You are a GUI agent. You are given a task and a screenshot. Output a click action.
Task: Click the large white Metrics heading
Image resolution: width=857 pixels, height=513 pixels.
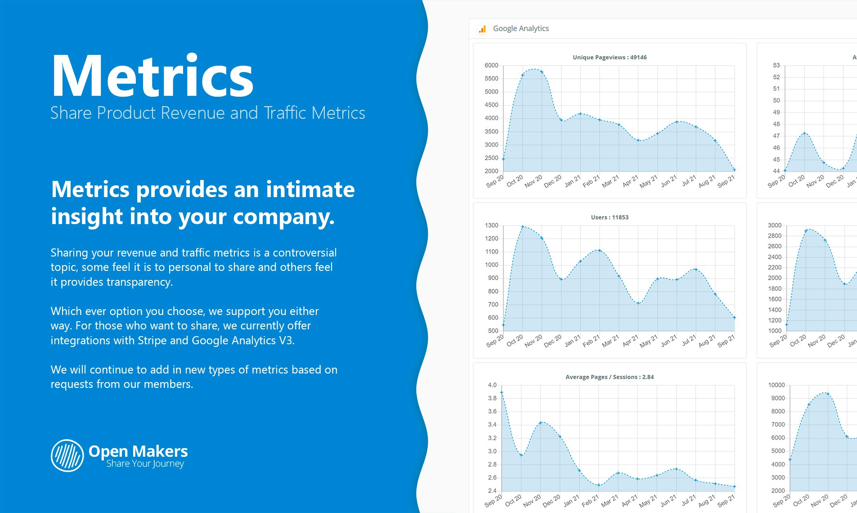[153, 76]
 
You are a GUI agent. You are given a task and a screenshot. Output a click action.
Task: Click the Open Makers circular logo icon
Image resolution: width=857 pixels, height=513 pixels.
[67, 455]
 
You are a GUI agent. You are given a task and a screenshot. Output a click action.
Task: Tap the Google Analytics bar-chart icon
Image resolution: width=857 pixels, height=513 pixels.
[482, 29]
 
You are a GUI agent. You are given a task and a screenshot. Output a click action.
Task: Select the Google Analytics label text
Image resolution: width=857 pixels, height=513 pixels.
[521, 28]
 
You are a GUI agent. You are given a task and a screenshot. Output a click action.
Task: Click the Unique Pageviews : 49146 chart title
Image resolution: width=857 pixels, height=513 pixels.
[610, 58]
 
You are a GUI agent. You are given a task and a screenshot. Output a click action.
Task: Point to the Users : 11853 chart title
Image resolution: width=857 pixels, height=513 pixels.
[610, 217]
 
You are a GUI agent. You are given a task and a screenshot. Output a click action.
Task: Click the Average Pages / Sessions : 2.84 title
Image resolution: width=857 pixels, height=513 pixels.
[610, 377]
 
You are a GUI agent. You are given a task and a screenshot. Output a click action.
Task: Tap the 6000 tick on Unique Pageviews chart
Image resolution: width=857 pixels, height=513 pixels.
[491, 66]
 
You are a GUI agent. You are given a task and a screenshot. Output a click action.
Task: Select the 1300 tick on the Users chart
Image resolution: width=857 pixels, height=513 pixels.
[491, 225]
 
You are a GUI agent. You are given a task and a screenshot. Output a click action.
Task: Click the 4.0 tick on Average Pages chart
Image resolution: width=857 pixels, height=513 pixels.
[492, 385]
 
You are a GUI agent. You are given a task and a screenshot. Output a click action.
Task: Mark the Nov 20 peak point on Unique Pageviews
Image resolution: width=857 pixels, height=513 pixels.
[542, 72]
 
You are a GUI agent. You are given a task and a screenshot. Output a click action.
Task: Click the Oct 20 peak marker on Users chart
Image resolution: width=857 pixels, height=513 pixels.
[522, 227]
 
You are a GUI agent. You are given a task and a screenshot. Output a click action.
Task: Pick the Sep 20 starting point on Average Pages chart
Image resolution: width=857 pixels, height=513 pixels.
[502, 393]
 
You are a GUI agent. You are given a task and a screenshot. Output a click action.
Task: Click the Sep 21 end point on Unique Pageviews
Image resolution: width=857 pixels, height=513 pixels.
[734, 170]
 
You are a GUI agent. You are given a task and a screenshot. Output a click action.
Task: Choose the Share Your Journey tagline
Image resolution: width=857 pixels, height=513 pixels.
[145, 464]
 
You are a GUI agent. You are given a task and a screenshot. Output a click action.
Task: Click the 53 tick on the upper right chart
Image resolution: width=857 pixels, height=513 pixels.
[776, 66]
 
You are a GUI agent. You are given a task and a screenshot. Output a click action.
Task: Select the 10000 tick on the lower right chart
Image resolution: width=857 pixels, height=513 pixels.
[776, 385]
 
